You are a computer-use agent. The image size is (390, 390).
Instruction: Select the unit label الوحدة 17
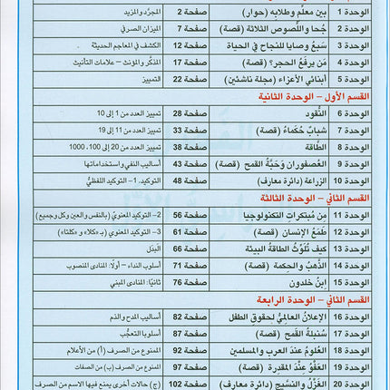coord(356,333)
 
